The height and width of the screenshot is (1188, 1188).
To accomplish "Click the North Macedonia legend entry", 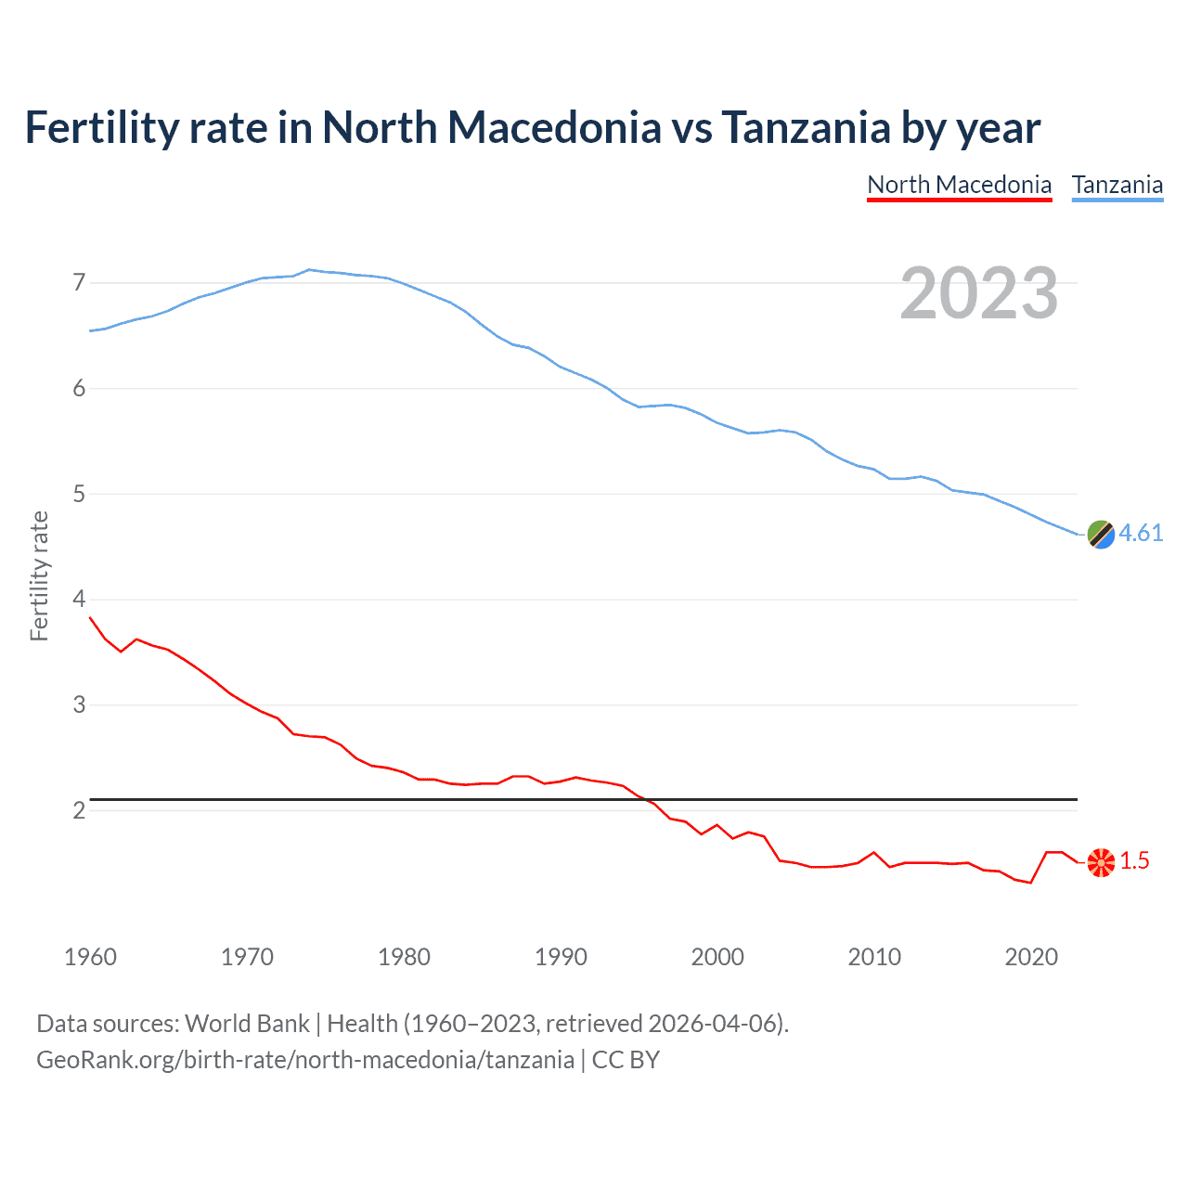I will pyautogui.click(x=959, y=185).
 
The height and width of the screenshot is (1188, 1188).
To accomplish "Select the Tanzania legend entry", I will pyautogui.click(x=1117, y=185).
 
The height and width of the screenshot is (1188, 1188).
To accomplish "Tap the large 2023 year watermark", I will pyautogui.click(x=978, y=293).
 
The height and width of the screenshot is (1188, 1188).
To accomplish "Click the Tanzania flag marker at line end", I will pyautogui.click(x=1101, y=534).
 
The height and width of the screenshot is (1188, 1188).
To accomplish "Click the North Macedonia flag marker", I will pyautogui.click(x=1101, y=862).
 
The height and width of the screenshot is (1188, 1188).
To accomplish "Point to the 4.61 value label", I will pyautogui.click(x=1141, y=533).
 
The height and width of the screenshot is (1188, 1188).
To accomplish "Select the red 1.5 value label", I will pyautogui.click(x=1134, y=861).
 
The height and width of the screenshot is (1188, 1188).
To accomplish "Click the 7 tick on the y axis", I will pyautogui.click(x=79, y=282).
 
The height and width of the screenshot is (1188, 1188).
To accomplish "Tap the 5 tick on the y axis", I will pyautogui.click(x=79, y=494).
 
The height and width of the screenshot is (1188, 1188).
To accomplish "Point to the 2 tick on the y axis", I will pyautogui.click(x=79, y=810).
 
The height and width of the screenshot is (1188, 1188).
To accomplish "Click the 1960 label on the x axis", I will pyautogui.click(x=90, y=957).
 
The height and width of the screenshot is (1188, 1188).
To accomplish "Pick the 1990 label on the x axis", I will pyautogui.click(x=561, y=957).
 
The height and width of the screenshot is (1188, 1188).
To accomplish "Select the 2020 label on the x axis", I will pyautogui.click(x=1031, y=957).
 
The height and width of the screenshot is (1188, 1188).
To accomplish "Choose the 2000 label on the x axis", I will pyautogui.click(x=717, y=957).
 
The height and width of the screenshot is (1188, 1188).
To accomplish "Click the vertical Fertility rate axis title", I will pyautogui.click(x=39, y=575).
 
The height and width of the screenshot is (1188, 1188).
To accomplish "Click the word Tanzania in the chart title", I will pyautogui.click(x=806, y=127).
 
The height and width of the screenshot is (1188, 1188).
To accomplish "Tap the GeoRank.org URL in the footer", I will pyautogui.click(x=304, y=1060).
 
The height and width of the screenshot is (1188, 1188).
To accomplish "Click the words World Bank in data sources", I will pyautogui.click(x=247, y=1024).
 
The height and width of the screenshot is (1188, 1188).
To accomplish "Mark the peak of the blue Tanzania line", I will pyautogui.click(x=309, y=269).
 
